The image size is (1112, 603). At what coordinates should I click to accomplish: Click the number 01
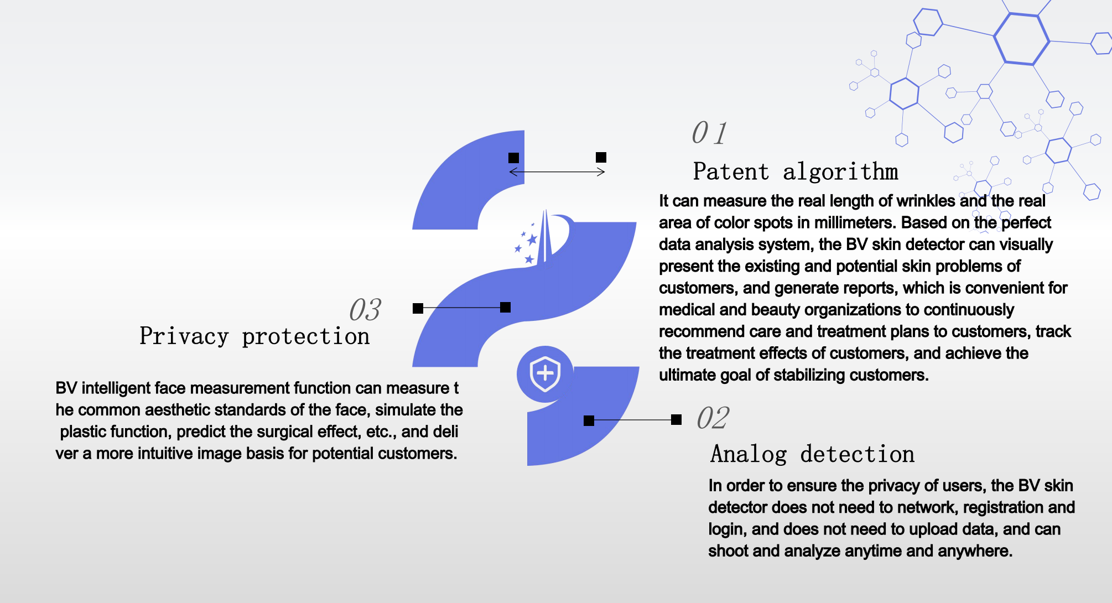pyautogui.click(x=709, y=133)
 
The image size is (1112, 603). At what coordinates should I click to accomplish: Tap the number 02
pyautogui.click(x=713, y=418)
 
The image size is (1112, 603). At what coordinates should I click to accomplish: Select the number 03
pyautogui.click(x=365, y=309)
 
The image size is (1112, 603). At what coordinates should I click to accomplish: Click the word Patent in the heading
pyautogui.click(x=731, y=171)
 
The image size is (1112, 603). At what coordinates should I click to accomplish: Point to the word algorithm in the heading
pyautogui.click(x=840, y=171)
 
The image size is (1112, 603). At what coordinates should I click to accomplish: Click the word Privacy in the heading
pyautogui.click(x=184, y=336)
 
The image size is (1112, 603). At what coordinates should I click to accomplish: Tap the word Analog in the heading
pyautogui.click(x=749, y=454)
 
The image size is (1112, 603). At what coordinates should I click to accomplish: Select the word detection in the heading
pyautogui.click(x=858, y=454)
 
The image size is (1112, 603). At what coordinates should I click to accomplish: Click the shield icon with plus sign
pyautogui.click(x=545, y=374)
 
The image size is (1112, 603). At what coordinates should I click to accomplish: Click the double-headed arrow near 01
pyautogui.click(x=557, y=172)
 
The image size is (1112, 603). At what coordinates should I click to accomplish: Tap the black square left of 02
pyautogui.click(x=589, y=420)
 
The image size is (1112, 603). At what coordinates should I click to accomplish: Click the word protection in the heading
pyautogui.click(x=306, y=336)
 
